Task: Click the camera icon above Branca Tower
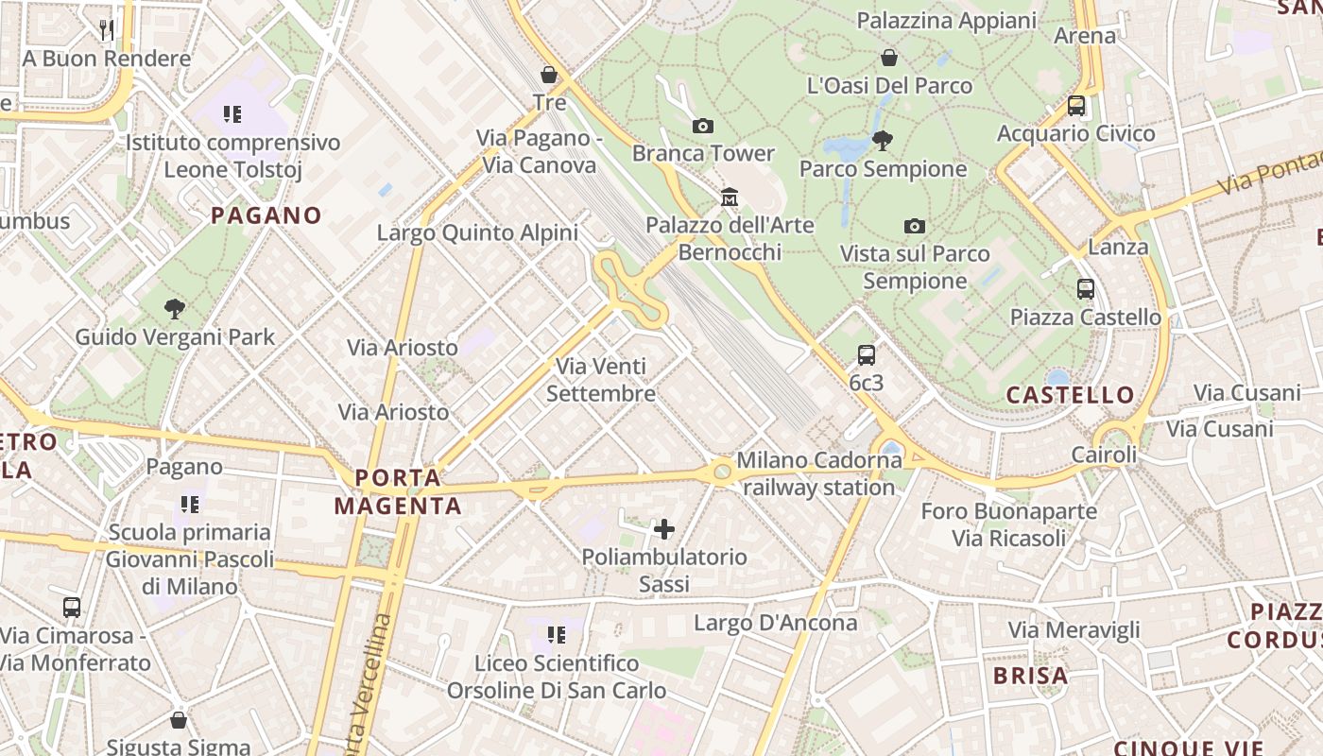tap(702, 126)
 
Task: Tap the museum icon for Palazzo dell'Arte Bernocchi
tap(730, 198)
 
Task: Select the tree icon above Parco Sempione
tap(883, 142)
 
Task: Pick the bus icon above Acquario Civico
tap(1076, 106)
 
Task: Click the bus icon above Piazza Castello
tap(1086, 289)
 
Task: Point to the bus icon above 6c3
tap(866, 355)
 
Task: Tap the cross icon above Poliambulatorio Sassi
tap(664, 529)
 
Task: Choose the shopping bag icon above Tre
tap(549, 75)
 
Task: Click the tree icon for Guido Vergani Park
tap(174, 308)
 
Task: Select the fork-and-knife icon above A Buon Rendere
tap(107, 30)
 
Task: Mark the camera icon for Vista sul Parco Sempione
tap(914, 226)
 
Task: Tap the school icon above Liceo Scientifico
tap(556, 635)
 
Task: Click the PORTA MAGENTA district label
tap(398, 491)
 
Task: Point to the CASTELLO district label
tap(1070, 395)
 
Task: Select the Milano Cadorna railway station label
tap(819, 473)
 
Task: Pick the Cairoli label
tap(1104, 455)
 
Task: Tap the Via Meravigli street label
tap(1074, 630)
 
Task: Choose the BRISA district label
tap(1030, 676)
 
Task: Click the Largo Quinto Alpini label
tap(477, 232)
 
